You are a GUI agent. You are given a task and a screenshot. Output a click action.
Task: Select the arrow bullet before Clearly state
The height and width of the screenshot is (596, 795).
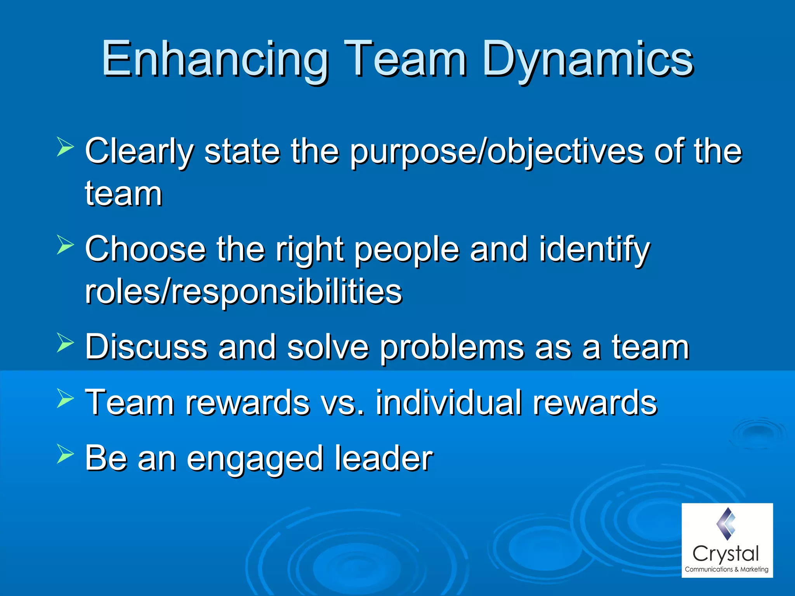pos(65,146)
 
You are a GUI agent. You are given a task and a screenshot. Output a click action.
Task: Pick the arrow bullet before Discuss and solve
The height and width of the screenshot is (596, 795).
pos(65,342)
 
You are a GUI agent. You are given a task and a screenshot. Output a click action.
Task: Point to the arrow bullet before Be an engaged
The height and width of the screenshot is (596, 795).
pos(65,454)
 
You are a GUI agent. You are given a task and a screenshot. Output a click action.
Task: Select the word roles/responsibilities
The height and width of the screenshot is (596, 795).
pos(243,292)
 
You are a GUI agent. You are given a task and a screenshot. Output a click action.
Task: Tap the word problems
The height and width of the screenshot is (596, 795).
pos(451,348)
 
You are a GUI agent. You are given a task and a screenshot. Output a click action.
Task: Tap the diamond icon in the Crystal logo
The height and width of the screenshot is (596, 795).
pos(726,524)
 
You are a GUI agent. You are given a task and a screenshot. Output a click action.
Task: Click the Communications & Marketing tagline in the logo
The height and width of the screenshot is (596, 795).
pos(726,569)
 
